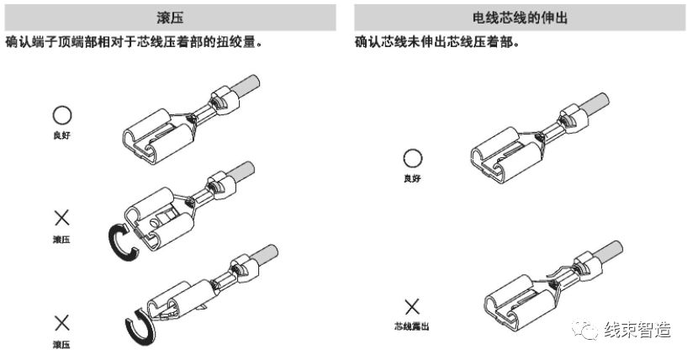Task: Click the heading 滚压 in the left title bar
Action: pyautogui.click(x=172, y=17)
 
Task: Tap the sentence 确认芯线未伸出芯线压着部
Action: pyautogui.click(x=436, y=41)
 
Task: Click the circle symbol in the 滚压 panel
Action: pyautogui.click(x=61, y=115)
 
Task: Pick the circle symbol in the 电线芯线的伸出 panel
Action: pyautogui.click(x=412, y=158)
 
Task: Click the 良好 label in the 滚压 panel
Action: pyautogui.click(x=61, y=134)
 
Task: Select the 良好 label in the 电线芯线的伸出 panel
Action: pyautogui.click(x=412, y=177)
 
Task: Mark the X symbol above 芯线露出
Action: pyautogui.click(x=412, y=307)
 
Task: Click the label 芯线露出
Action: pyautogui.click(x=411, y=326)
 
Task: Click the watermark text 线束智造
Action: pyautogui.click(x=637, y=331)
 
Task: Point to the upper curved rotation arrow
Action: pyautogui.click(x=122, y=238)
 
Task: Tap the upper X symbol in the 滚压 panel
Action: pyautogui.click(x=61, y=219)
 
